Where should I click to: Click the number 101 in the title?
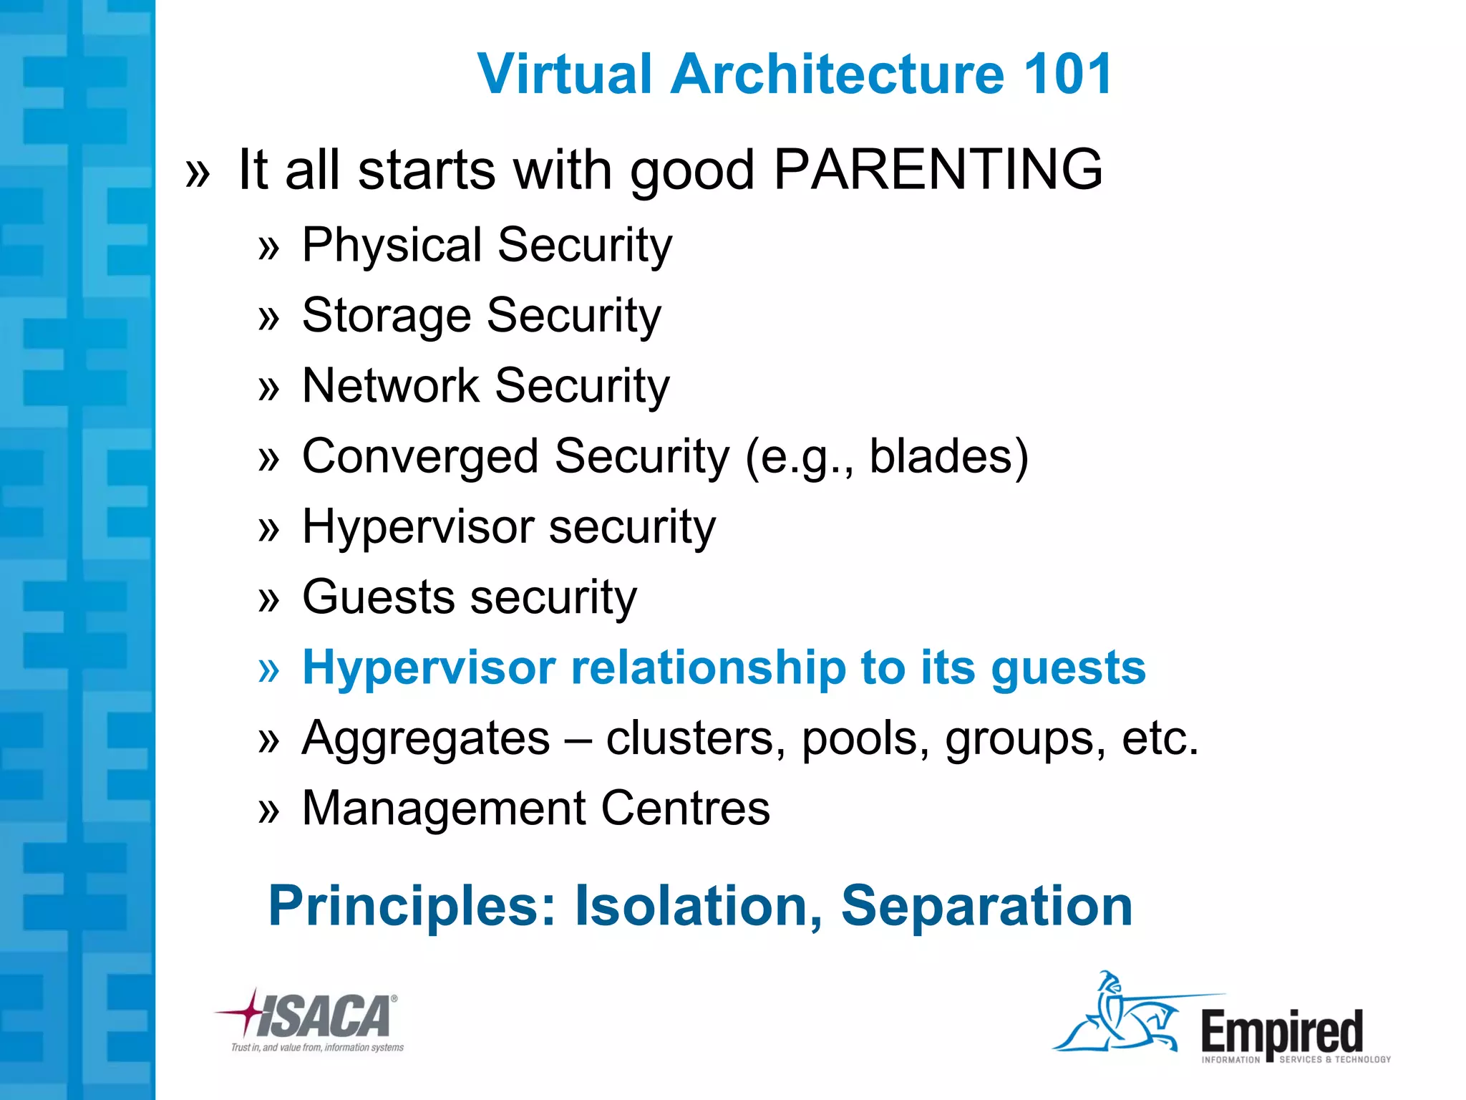coord(1067,74)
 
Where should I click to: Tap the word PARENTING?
coord(938,170)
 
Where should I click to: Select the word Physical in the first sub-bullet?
coord(392,246)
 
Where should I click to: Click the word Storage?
coord(386,316)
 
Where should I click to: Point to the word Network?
coord(390,386)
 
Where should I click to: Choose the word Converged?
coord(420,456)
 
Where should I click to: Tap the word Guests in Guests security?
coord(377,597)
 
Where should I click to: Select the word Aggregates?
coord(426,738)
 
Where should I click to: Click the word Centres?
coord(685,809)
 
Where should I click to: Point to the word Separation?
coord(986,906)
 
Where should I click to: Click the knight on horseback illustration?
coord(1120,1017)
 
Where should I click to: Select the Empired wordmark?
coord(1281,1031)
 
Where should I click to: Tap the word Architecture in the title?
coord(838,74)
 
